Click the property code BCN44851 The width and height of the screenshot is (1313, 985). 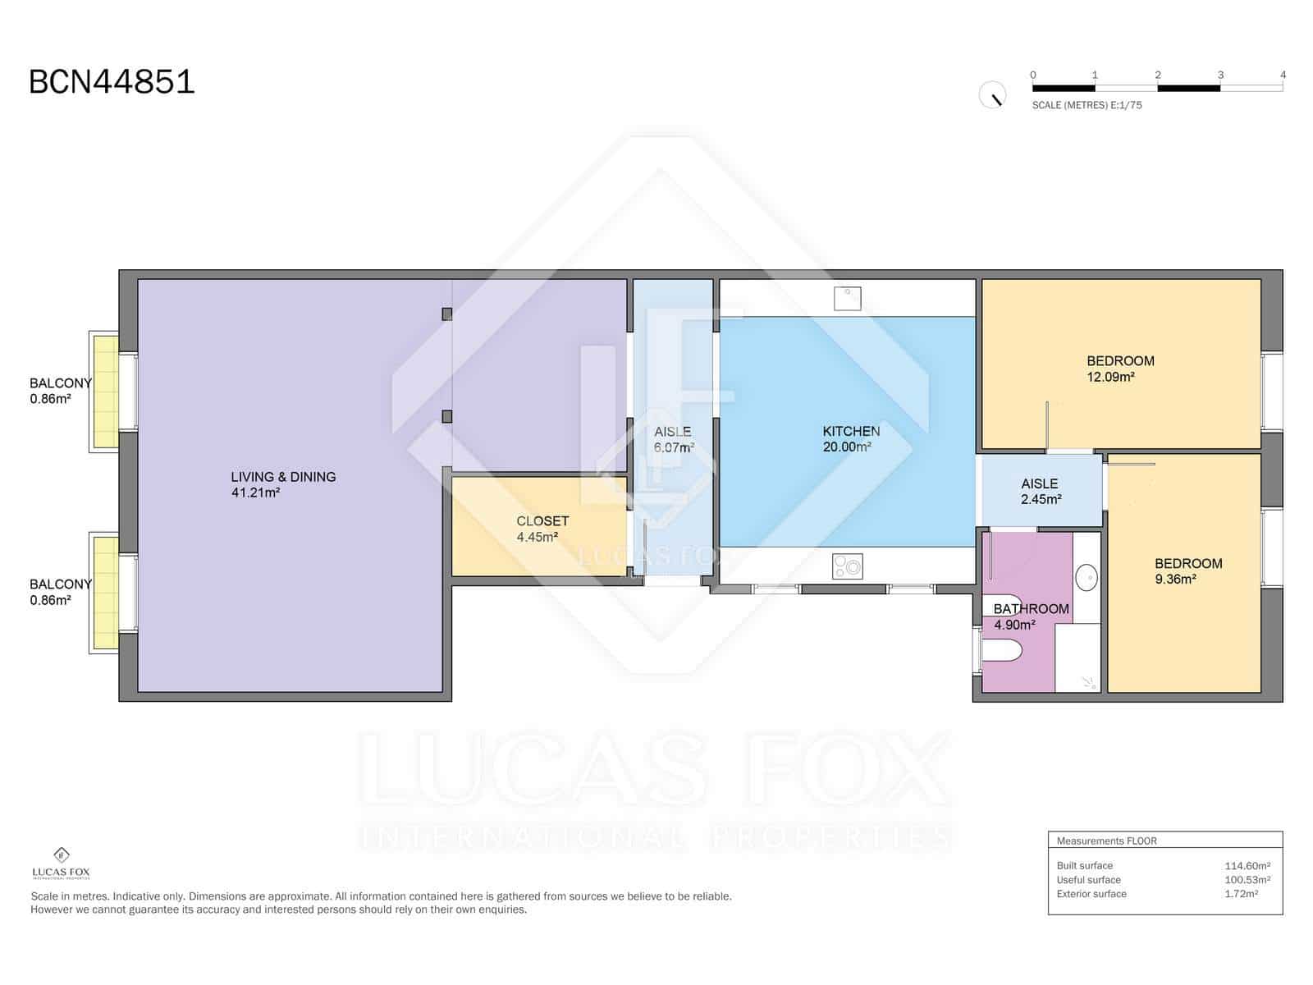tap(112, 82)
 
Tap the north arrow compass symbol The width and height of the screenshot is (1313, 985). tap(992, 95)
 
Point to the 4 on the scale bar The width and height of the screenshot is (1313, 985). tap(1283, 75)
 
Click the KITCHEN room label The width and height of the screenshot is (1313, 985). tap(851, 431)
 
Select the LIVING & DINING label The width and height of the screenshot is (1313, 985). tap(283, 477)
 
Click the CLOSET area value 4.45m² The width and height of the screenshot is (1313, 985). tap(538, 538)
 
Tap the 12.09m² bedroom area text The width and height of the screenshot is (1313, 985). tap(1110, 378)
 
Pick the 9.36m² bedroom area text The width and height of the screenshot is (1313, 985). tap(1174, 580)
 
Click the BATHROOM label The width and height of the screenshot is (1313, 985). tap(1031, 609)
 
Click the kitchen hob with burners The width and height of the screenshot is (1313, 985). tap(848, 566)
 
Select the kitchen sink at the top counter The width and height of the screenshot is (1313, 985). tap(848, 298)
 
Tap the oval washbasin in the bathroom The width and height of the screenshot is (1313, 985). tap(1087, 577)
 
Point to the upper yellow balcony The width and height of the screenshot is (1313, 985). tap(106, 391)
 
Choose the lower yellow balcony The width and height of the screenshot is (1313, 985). tap(106, 592)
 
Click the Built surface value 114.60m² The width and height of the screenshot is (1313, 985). tap(1247, 865)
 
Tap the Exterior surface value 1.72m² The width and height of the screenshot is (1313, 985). tap(1241, 894)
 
